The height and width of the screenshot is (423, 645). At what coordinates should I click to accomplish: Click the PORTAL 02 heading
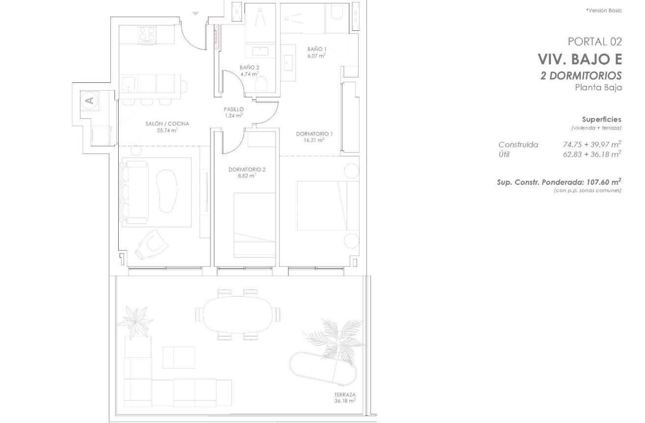(594, 42)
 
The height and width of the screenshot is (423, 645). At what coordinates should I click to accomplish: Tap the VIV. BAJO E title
(580, 59)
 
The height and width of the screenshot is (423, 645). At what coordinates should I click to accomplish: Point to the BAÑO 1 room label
(317, 49)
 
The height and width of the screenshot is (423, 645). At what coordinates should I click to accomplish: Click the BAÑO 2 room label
(249, 68)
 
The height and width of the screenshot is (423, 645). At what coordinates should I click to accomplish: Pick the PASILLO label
(234, 109)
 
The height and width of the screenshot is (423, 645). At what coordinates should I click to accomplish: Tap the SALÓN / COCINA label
(167, 124)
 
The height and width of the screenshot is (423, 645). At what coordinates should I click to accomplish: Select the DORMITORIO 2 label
(247, 170)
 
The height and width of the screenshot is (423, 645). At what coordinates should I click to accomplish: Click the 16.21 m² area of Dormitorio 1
(314, 140)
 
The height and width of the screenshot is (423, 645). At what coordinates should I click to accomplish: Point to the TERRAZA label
(345, 395)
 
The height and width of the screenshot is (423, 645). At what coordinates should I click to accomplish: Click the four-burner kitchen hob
(147, 34)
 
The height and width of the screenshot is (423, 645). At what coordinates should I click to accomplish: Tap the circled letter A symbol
(90, 100)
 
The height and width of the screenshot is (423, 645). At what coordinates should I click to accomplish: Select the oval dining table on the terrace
(237, 315)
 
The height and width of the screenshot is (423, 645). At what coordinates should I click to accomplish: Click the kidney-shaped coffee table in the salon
(167, 191)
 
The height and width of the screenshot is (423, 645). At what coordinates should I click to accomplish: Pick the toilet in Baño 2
(261, 85)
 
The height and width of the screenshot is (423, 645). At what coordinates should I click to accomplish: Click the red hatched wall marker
(217, 36)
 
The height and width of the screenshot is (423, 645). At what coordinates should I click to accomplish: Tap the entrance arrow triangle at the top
(196, 14)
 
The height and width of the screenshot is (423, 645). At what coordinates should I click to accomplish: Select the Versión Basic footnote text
(604, 11)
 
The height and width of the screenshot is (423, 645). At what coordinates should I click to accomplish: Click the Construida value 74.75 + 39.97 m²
(592, 144)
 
